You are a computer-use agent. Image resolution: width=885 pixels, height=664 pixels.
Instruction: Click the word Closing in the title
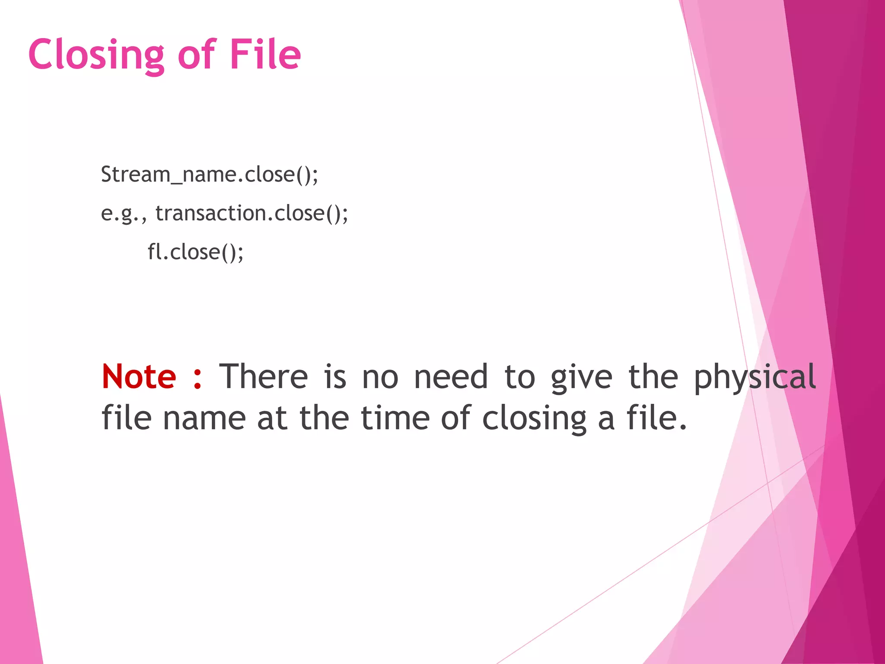[96, 55]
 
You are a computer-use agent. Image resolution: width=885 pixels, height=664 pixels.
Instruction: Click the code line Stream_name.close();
[210, 175]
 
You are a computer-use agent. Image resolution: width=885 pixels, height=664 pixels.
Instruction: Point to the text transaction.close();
[251, 214]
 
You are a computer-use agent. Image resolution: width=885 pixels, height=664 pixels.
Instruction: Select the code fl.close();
[195, 252]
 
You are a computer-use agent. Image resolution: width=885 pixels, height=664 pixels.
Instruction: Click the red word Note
[139, 377]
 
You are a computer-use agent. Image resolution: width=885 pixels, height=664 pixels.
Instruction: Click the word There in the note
[263, 377]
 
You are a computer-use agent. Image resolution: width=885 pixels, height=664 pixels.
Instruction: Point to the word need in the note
[451, 377]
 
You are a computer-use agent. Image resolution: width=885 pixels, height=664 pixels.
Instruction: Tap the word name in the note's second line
[204, 418]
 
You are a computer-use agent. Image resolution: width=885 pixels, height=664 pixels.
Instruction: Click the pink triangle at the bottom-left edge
[17, 562]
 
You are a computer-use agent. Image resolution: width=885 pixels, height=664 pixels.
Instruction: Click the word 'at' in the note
[272, 418]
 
